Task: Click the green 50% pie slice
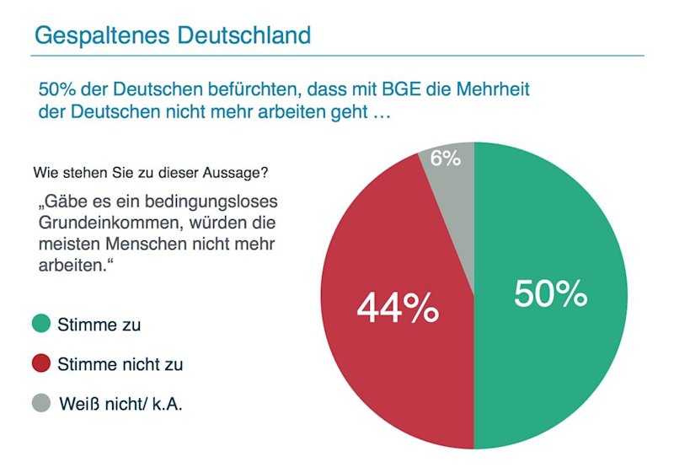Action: (x=556, y=337)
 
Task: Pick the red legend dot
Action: (x=40, y=364)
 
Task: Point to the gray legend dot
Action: (x=40, y=404)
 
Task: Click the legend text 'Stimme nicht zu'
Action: (x=120, y=365)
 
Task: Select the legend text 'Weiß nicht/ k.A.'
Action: (x=120, y=405)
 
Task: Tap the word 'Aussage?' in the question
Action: (x=238, y=174)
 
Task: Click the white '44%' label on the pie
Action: (x=398, y=309)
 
